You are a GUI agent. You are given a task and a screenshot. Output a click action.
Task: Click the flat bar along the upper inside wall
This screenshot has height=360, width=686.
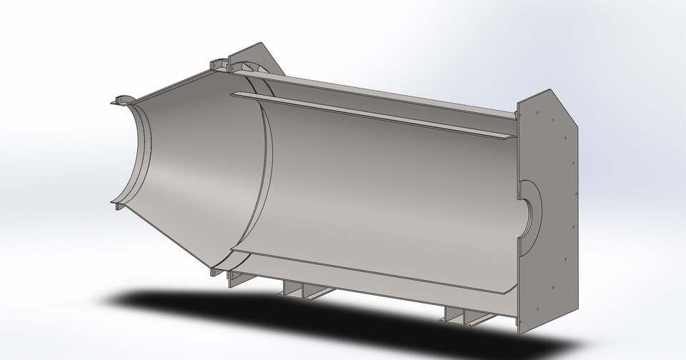pyautogui.click(x=372, y=114)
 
